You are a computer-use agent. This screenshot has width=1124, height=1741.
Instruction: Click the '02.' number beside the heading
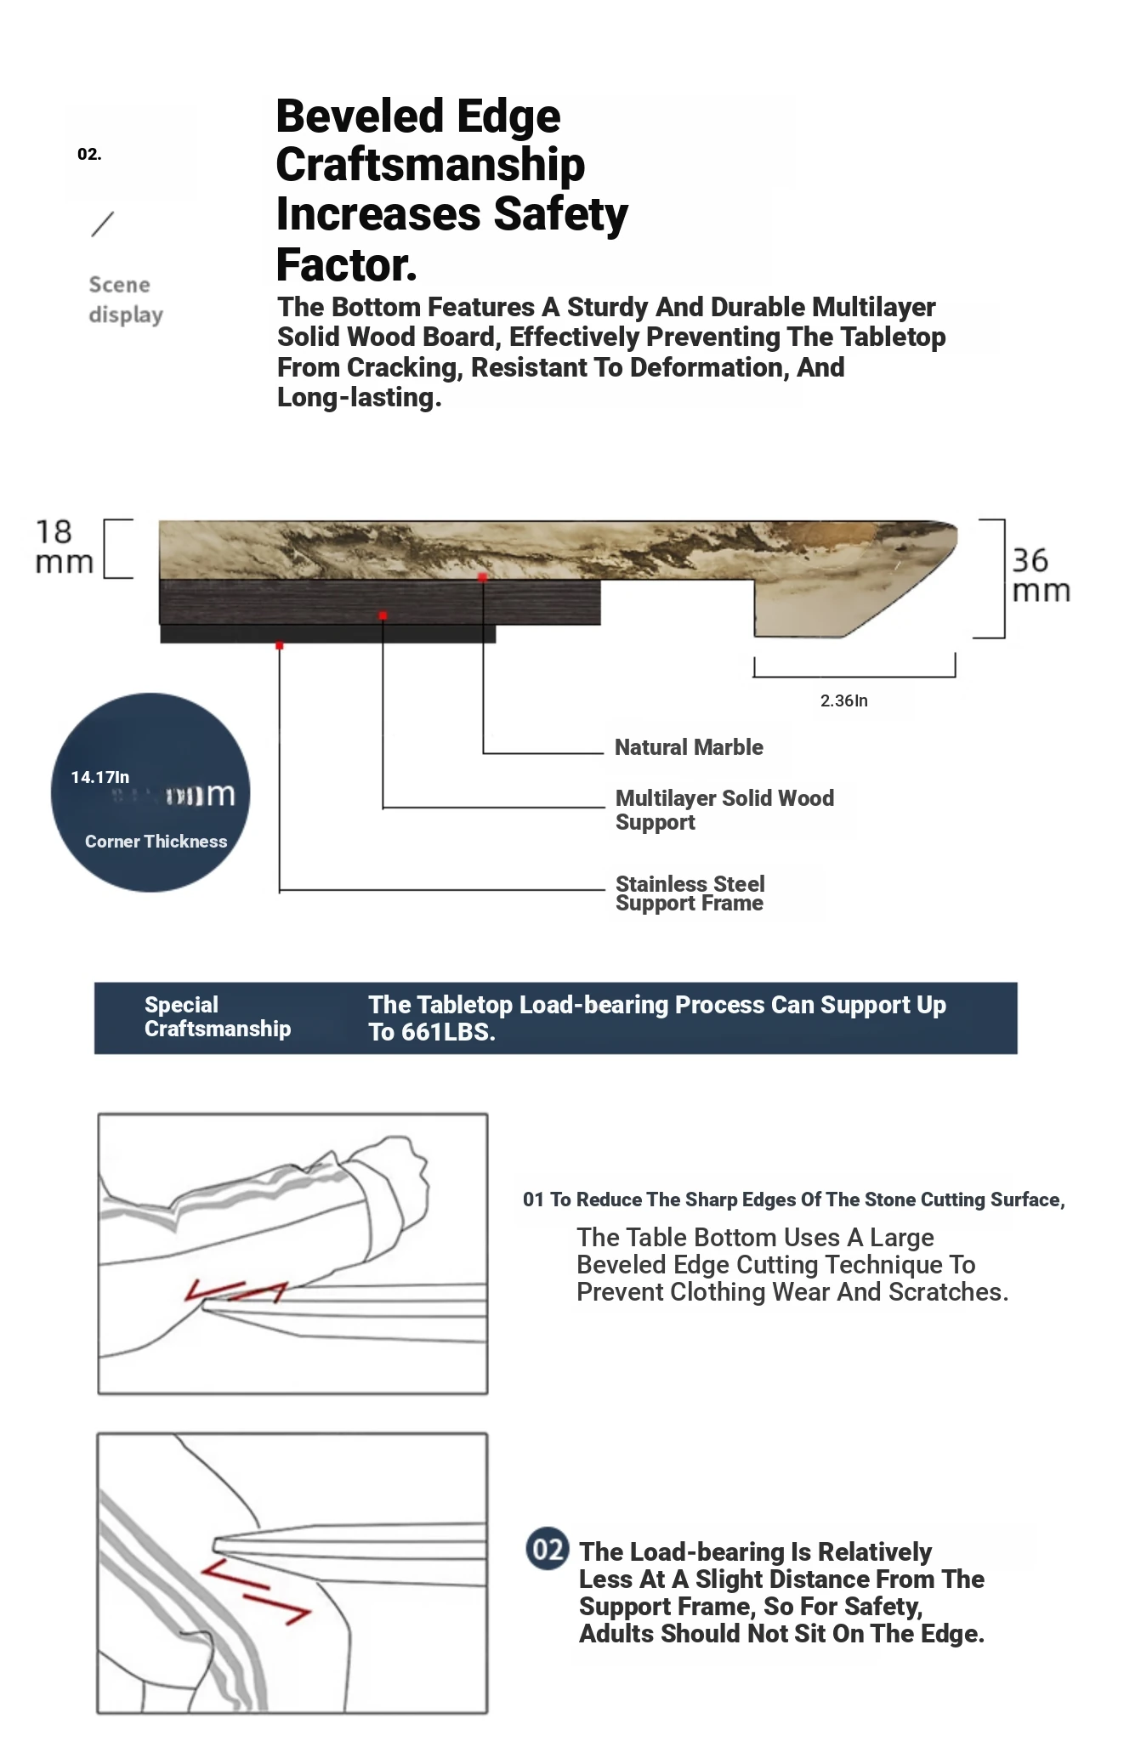click(89, 154)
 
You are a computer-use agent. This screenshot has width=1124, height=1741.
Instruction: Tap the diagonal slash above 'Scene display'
click(102, 224)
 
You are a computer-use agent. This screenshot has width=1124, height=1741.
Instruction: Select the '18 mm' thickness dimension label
click(63, 547)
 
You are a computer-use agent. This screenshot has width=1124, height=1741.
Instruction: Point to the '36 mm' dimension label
click(1040, 576)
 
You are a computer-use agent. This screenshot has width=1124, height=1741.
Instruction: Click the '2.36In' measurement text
click(843, 700)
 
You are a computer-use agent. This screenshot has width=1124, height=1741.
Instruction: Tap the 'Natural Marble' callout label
click(689, 747)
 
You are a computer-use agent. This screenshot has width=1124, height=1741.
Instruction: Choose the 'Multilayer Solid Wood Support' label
click(724, 809)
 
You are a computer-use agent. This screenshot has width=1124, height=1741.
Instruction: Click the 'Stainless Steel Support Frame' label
click(690, 893)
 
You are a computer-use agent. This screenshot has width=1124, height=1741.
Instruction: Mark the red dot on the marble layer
click(482, 577)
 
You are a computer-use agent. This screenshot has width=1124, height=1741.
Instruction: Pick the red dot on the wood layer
click(383, 615)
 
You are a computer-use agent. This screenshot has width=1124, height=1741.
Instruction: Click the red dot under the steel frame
click(279, 646)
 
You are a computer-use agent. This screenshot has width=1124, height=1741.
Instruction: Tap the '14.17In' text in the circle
click(100, 777)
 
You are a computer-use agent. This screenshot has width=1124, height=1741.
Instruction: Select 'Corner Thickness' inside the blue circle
click(156, 842)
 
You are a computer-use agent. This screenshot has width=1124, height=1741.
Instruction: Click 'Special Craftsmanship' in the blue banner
click(217, 1017)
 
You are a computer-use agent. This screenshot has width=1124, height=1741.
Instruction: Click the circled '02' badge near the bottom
click(547, 1549)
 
